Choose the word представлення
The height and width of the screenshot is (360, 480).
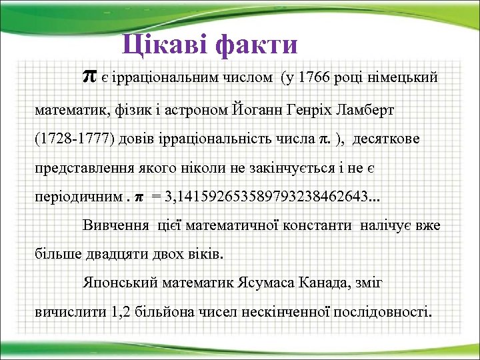(85, 169)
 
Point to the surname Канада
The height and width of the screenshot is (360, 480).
(311, 283)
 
